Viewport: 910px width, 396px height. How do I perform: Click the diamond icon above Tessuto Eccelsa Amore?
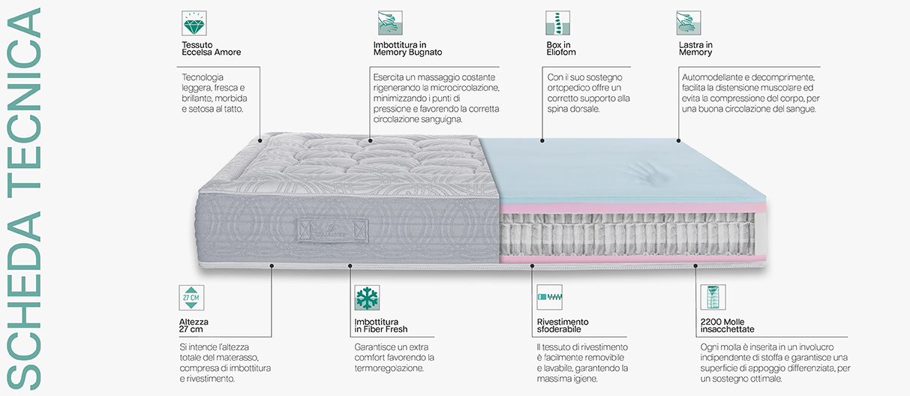(x=194, y=23)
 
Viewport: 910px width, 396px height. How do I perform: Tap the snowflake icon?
(x=367, y=298)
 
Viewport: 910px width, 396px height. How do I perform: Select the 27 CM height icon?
(x=191, y=298)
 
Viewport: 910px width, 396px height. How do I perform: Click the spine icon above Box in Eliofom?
(x=558, y=23)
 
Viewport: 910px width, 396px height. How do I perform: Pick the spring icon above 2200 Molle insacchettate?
(x=713, y=297)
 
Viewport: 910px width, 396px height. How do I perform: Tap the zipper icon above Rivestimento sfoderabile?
(x=550, y=297)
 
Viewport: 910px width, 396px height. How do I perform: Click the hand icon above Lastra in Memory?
(x=689, y=23)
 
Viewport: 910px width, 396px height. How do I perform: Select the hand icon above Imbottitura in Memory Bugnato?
(x=390, y=23)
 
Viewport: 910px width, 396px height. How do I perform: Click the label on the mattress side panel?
(x=333, y=231)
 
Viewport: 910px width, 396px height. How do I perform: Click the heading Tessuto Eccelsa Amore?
(x=212, y=48)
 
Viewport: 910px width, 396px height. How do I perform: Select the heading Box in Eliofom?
(x=561, y=48)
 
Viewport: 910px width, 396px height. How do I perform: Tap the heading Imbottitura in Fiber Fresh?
(x=380, y=325)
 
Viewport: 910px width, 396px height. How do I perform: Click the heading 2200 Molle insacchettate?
(x=727, y=325)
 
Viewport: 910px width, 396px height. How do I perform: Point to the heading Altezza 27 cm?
(x=194, y=325)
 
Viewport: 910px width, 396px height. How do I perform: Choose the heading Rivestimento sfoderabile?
(x=563, y=325)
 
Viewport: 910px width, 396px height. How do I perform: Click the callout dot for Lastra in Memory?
(x=678, y=140)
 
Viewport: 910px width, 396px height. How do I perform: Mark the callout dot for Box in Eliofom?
(x=542, y=140)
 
